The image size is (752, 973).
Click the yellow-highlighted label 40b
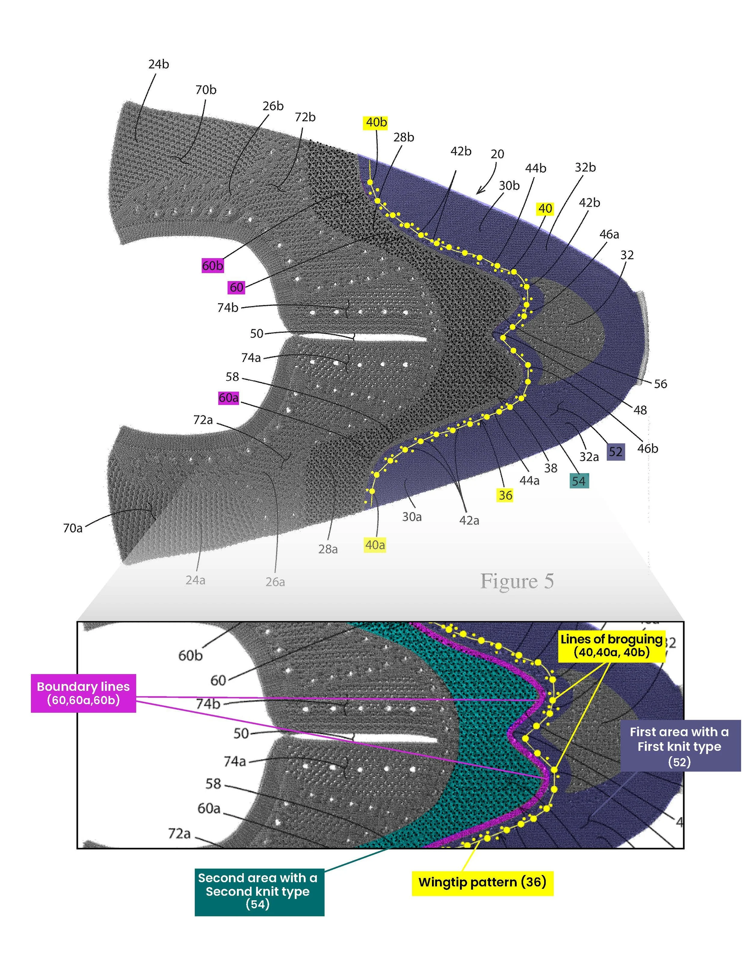[x=376, y=122]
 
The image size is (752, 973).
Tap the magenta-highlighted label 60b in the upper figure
[x=212, y=266]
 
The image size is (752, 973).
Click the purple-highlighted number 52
[x=615, y=452]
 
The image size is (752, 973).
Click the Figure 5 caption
[x=517, y=581]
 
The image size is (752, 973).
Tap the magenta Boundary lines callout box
[x=83, y=693]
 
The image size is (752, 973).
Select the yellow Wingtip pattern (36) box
[x=482, y=882]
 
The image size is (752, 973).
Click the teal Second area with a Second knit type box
[x=259, y=891]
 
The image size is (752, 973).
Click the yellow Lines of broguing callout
[x=611, y=645]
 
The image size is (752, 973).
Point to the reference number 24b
[x=159, y=64]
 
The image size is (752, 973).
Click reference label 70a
[x=72, y=528]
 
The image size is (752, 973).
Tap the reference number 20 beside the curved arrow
[x=497, y=154]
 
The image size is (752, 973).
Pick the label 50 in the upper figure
[x=256, y=333]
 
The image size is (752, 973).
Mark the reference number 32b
[x=585, y=167]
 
